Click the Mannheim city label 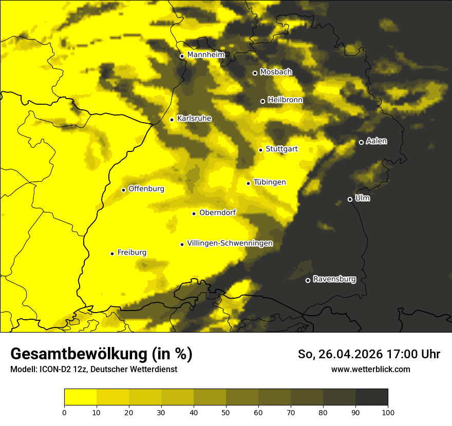coord(206,55)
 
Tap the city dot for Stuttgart coord(261,150)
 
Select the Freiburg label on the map coord(131,253)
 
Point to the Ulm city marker coord(350,199)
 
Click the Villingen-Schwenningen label coord(230,243)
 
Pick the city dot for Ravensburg coord(308,280)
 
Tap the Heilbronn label coord(285,100)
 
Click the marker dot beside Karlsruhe coord(172,120)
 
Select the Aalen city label coord(376,141)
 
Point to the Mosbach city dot coord(255,73)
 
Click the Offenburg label coord(146,189)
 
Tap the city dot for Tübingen coord(249,183)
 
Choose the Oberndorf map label coord(218,212)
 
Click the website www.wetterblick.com coord(371,369)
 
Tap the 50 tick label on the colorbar coord(226,412)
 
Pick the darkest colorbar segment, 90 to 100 coord(371,397)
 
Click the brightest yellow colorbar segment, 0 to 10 coord(81,397)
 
